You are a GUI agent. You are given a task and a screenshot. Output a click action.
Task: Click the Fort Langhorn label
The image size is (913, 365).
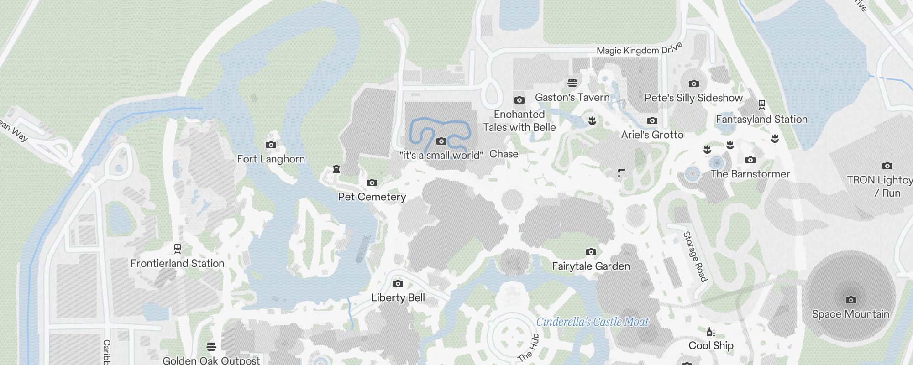271,159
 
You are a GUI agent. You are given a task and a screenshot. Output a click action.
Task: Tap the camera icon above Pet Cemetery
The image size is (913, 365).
372,183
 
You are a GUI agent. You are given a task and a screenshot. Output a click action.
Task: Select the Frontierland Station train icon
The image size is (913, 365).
178,249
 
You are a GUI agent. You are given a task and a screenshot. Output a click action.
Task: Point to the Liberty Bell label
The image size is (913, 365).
398,298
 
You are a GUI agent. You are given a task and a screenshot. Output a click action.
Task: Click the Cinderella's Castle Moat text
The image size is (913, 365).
592,322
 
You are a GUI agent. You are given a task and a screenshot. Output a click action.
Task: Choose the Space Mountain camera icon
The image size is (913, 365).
850,300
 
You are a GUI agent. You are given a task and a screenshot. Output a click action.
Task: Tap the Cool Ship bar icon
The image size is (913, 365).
711,332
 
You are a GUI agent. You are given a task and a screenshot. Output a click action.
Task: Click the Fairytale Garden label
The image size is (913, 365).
591,266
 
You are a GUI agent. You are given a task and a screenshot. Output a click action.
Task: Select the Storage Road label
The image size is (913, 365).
695,256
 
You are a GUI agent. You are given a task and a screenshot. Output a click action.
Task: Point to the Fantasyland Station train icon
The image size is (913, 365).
761,104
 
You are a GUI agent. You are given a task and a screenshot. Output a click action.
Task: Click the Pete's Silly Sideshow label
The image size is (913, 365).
693,98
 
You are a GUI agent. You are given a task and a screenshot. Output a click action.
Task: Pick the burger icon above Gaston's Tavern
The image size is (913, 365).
572,83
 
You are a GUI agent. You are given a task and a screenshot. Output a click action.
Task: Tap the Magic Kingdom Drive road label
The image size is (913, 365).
640,49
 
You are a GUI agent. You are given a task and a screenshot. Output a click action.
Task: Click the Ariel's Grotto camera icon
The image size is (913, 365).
652,120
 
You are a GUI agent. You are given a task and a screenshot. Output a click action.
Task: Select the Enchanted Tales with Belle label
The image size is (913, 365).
519,121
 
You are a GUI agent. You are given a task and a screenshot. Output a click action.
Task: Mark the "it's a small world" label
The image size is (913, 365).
441,156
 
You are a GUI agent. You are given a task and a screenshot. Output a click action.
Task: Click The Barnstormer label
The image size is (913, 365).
750,174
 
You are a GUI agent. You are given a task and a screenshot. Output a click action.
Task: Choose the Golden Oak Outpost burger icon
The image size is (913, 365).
211,346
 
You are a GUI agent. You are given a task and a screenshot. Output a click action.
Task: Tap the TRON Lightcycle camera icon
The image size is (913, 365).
887,166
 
